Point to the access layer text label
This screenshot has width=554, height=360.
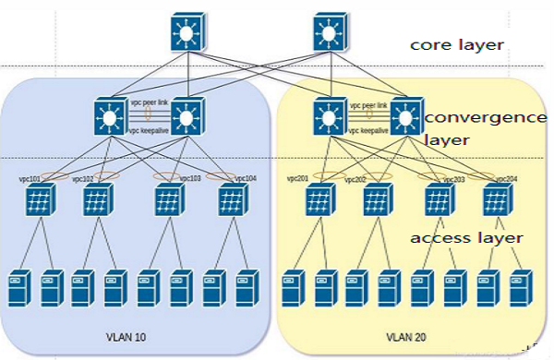[x=466, y=238]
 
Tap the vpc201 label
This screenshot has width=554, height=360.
[x=296, y=177]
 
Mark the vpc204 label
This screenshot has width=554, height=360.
[x=506, y=177]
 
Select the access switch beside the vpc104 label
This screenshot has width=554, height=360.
[x=233, y=200]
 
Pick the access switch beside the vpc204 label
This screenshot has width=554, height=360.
[x=495, y=200]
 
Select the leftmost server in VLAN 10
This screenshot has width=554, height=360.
[x=18, y=287]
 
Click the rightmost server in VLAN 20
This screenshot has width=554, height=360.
[x=521, y=287]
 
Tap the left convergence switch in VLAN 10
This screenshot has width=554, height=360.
[x=112, y=116]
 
